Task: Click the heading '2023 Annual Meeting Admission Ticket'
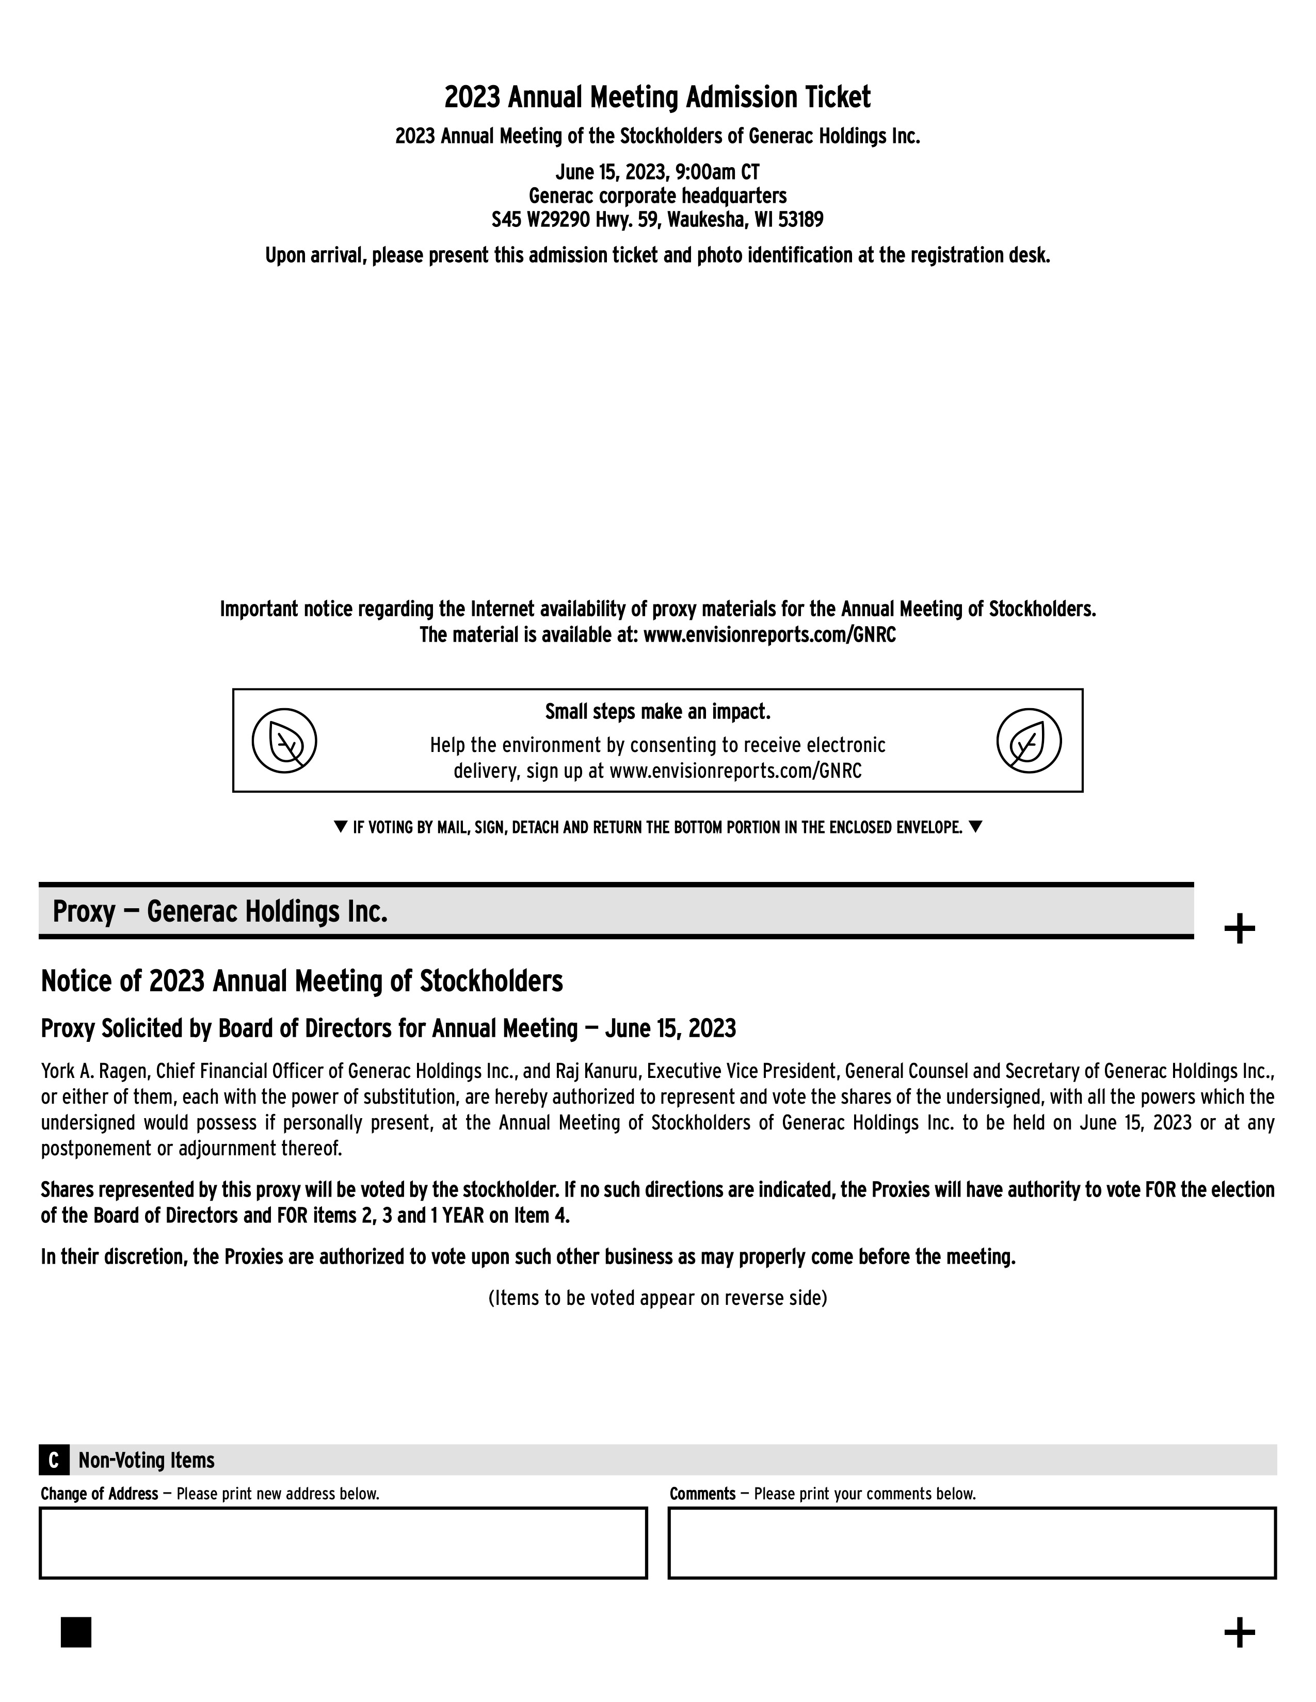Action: pyautogui.click(x=657, y=98)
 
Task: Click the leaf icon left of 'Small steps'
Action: pyautogui.click(x=284, y=740)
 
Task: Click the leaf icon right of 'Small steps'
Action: pyautogui.click(x=1029, y=740)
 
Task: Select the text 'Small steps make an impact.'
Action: pyautogui.click(x=657, y=712)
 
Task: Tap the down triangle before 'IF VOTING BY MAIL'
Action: pyautogui.click(x=340, y=827)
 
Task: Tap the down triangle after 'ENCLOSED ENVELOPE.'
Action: pyautogui.click(x=975, y=827)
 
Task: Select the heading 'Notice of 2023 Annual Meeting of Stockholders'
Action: pyautogui.click(x=302, y=981)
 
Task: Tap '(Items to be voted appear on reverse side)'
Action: pyautogui.click(x=657, y=1298)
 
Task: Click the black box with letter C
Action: pyautogui.click(x=54, y=1460)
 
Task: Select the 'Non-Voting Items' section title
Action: pyautogui.click(x=147, y=1460)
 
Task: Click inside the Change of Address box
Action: pyautogui.click(x=343, y=1543)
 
